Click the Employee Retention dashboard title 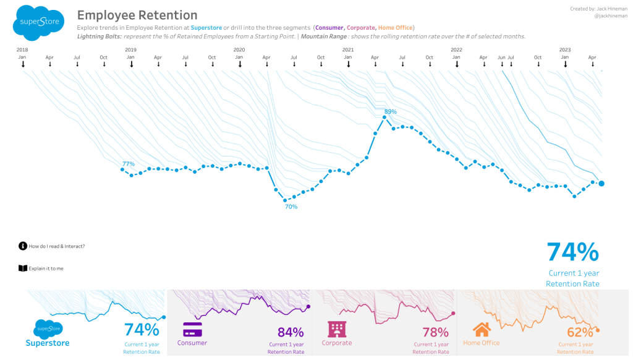click(x=137, y=15)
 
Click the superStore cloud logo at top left click(x=38, y=22)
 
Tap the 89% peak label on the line click(x=390, y=112)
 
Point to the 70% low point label click(x=291, y=207)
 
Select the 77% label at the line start click(x=129, y=164)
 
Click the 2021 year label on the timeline click(x=348, y=49)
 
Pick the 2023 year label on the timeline click(x=565, y=49)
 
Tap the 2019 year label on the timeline click(x=130, y=49)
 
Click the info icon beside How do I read click(x=23, y=246)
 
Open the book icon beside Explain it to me click(x=23, y=268)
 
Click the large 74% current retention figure click(x=572, y=252)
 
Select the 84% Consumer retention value click(x=291, y=332)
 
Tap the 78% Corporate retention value click(x=435, y=332)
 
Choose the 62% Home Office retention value click(x=580, y=332)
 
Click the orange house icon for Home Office click(x=482, y=329)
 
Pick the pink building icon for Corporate click(x=337, y=329)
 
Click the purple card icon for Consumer click(x=192, y=329)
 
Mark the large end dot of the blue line click(x=601, y=183)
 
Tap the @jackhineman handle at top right click(x=611, y=16)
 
